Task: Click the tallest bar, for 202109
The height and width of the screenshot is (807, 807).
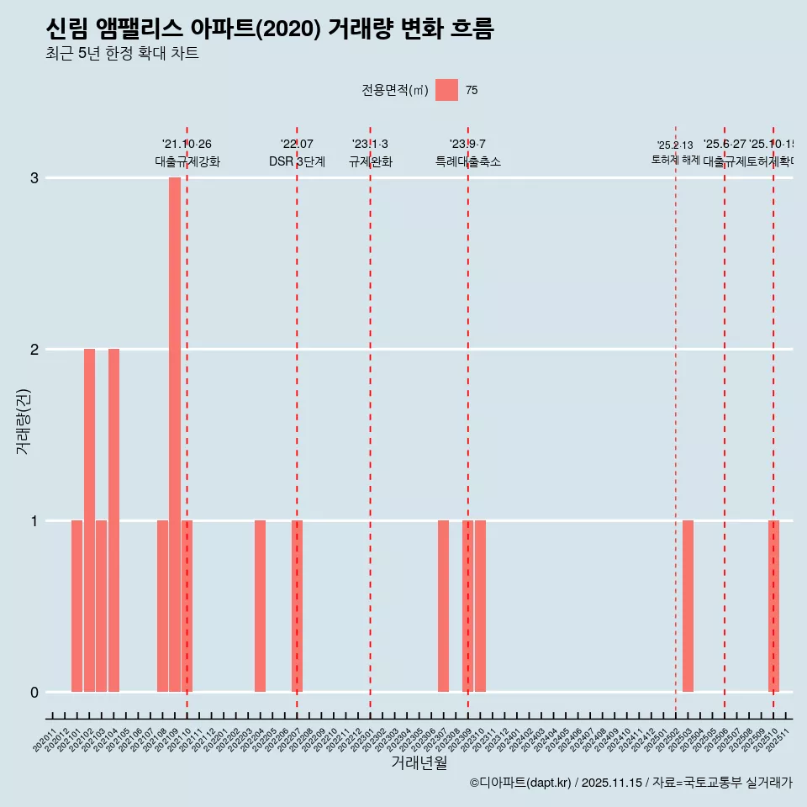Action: pos(175,435)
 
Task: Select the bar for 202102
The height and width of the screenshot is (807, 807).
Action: pos(89,520)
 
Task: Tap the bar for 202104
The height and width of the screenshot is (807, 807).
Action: pos(113,520)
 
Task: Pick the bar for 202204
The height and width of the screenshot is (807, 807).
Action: pos(261,606)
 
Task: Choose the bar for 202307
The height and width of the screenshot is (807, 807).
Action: pos(443,606)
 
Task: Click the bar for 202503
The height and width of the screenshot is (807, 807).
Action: pos(688,606)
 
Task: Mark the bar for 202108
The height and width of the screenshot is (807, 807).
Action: pos(162,606)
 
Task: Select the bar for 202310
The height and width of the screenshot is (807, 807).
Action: pos(480,606)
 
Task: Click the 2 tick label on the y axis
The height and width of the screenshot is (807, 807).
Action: pos(34,350)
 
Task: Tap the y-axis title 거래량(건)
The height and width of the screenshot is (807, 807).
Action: pos(24,420)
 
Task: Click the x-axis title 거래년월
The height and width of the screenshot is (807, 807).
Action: pos(419,762)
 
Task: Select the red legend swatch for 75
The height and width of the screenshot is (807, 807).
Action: pos(446,90)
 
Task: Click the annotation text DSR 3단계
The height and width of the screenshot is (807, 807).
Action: pos(297,162)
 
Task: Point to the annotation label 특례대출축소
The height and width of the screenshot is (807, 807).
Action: pos(467,162)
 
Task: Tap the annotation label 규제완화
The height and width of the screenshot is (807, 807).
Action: pos(370,162)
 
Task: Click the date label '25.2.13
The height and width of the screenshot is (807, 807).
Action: pos(675,145)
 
